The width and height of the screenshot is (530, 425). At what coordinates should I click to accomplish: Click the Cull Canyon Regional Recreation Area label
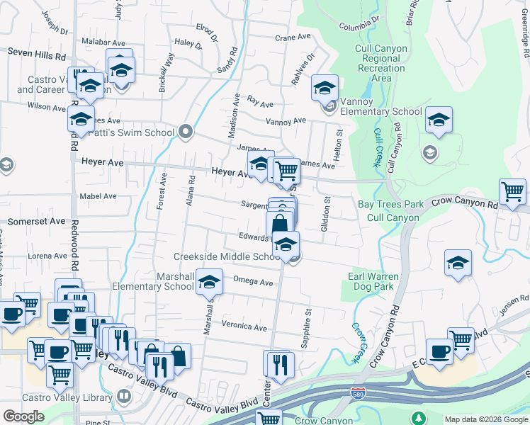pos(382,63)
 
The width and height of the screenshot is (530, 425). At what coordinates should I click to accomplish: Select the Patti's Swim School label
pos(141,132)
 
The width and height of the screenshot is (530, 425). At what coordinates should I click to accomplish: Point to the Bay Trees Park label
pos(390,204)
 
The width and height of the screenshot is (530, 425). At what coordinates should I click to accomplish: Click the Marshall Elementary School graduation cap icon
pos(209,283)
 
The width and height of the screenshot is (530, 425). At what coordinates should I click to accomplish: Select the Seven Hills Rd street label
pos(36,53)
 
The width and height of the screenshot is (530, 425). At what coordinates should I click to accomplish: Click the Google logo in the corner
pos(23,416)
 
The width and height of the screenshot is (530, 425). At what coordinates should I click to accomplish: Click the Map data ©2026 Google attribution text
pos(485,419)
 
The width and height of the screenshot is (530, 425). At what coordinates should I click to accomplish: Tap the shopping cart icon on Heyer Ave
pos(286,171)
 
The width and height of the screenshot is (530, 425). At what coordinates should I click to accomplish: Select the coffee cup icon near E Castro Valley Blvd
pos(439,352)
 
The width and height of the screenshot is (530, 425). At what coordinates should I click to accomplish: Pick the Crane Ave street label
pos(293,37)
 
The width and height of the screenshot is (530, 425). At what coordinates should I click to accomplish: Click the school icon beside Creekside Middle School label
pos(286,246)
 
